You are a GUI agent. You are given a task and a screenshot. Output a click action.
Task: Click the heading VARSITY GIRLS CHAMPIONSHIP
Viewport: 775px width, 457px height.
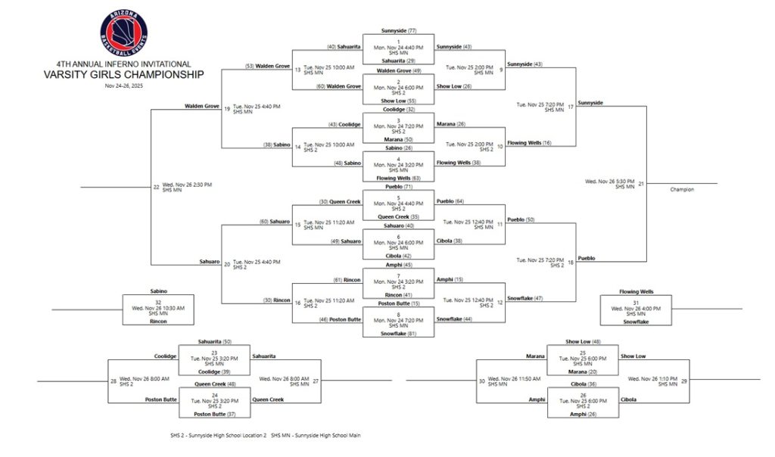coord(123,74)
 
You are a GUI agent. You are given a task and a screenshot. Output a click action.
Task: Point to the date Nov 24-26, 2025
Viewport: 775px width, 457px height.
coord(123,85)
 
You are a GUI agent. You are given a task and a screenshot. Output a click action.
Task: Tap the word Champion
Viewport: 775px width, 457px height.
coord(681,189)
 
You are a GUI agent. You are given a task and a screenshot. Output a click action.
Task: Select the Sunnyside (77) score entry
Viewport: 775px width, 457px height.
coord(399,30)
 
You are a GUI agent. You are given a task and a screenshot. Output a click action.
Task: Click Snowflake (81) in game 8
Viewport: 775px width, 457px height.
coord(399,334)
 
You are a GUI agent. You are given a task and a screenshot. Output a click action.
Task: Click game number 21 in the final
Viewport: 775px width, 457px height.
coord(641,183)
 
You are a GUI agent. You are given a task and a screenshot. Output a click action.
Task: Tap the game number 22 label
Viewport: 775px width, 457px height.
coord(156,187)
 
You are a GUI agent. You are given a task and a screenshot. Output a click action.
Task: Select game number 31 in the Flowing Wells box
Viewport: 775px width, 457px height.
coord(636,303)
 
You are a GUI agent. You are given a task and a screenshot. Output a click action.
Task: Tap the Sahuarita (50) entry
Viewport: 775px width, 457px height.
coord(215,341)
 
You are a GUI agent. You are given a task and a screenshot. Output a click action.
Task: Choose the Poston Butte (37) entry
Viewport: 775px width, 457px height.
coord(215,414)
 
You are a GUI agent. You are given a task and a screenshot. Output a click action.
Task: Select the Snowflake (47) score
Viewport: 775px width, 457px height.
coord(528,299)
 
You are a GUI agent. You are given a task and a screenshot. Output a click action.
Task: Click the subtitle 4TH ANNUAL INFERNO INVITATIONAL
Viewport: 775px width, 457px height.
coord(123,64)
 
